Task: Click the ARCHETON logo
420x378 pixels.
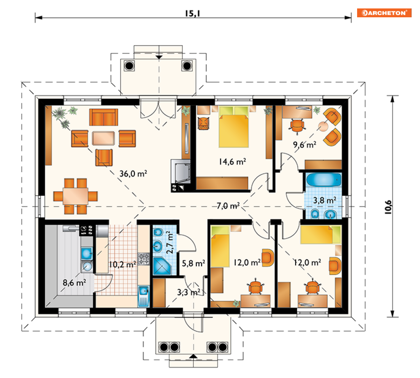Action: tap(384, 13)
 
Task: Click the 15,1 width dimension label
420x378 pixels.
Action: tap(192, 13)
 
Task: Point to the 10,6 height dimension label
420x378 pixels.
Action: tap(388, 207)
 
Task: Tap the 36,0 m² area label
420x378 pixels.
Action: tap(133, 173)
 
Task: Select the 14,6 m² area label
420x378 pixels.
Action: tap(233, 162)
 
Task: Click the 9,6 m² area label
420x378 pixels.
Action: tap(305, 145)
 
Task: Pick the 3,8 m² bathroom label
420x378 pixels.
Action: tap(325, 200)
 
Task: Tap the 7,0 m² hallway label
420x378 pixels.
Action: tap(228, 205)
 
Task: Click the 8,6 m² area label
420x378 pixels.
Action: tap(74, 282)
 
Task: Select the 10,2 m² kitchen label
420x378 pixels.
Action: tap(122, 265)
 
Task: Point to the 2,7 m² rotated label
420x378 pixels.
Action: tap(170, 243)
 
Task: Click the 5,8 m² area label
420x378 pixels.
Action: tap(193, 263)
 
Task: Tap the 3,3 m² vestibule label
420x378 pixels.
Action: tap(189, 292)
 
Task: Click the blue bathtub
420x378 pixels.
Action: tap(324, 179)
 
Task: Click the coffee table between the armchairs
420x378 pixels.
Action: tap(103, 138)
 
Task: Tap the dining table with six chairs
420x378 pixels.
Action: tap(76, 196)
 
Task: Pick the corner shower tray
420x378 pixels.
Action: tap(162, 266)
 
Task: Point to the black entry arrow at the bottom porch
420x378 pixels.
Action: tap(193, 356)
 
